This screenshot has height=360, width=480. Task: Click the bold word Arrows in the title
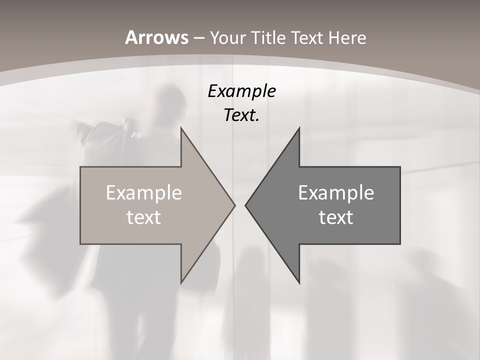156,37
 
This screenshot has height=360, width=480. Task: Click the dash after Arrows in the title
198,38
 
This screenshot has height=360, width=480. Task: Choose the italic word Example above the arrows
241,91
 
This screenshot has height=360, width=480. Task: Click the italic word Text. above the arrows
241,115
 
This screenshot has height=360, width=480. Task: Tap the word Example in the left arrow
144,192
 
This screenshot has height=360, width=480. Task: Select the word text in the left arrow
144,217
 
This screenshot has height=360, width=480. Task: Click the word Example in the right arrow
336,192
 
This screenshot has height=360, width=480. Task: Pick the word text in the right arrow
336,217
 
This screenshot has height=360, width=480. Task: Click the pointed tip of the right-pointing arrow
234,205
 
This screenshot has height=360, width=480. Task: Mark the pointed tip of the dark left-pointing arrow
245,205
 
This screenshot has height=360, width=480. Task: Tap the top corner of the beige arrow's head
181,128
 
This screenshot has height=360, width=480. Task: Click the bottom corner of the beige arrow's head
181,282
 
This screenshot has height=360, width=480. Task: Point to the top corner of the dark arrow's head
299,128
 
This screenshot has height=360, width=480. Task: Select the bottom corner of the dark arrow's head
299,282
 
